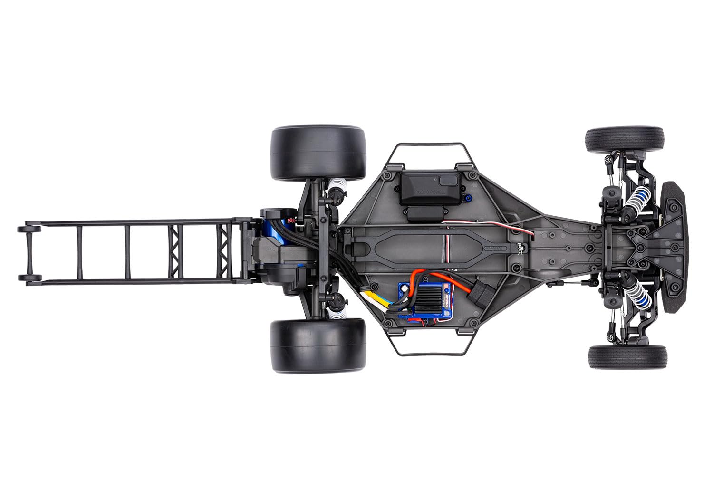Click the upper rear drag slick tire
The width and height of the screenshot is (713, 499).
coord(318,153)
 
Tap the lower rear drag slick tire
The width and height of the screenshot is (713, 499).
coord(318,345)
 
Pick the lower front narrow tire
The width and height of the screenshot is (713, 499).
coord(627,357)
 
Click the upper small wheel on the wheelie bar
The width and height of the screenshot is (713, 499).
coord(25,229)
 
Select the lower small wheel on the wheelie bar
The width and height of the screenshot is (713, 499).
coord(25,278)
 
